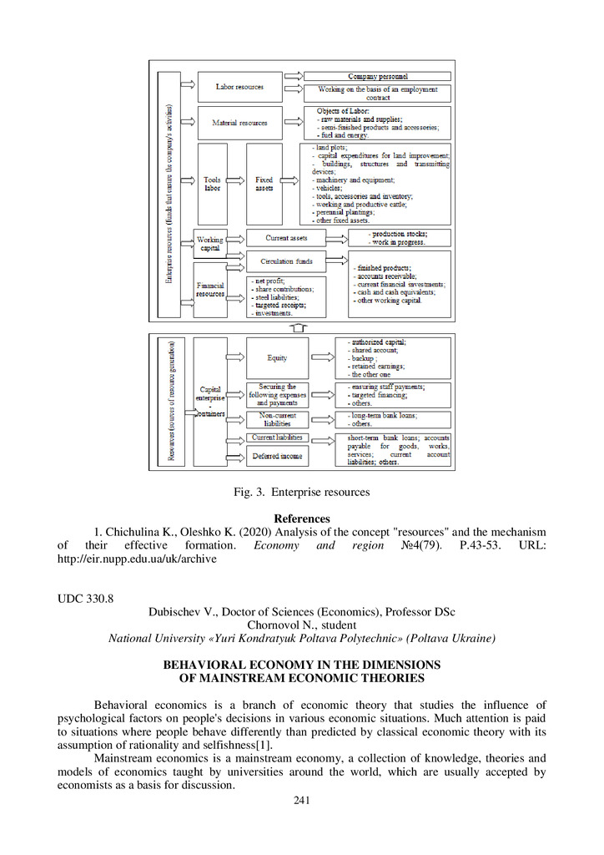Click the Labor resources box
coord(239,87)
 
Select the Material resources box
coord(239,123)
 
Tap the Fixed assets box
coord(264,184)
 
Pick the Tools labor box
coord(212,184)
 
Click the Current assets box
coord(287,238)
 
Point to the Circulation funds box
coord(287,261)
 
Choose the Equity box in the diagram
coord(277,357)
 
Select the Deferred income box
coord(277,456)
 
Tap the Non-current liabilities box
coord(277,419)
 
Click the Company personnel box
coord(377,76)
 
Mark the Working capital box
coord(210,244)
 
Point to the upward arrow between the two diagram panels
coord(303,326)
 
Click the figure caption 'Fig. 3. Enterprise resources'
coord(301,493)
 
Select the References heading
coord(302,519)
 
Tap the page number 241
coord(302,801)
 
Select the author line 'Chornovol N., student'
coord(301,625)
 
